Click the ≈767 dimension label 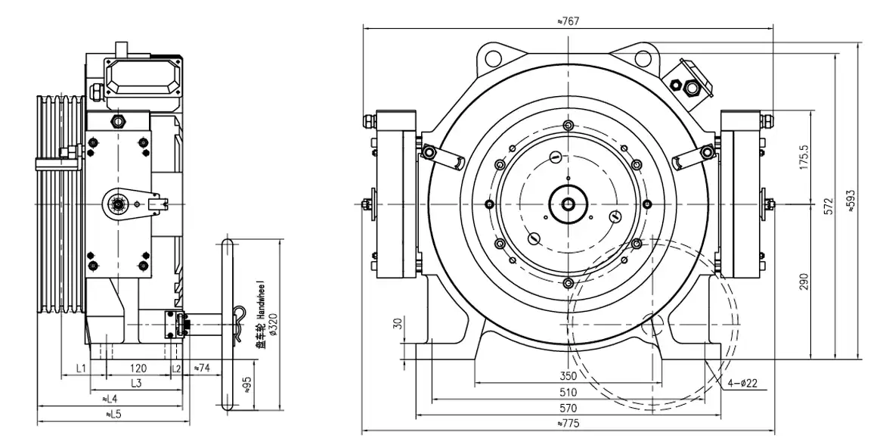(x=568, y=21)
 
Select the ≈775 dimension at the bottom (x=568, y=424)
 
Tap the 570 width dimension (x=568, y=408)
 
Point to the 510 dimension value (x=568, y=392)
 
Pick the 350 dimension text (x=568, y=376)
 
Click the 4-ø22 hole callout (x=744, y=384)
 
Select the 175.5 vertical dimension (x=804, y=157)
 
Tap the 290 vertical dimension (x=804, y=282)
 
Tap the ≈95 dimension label (x=247, y=385)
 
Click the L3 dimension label (x=136, y=383)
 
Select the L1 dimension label (x=82, y=368)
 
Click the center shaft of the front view (x=567, y=204)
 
